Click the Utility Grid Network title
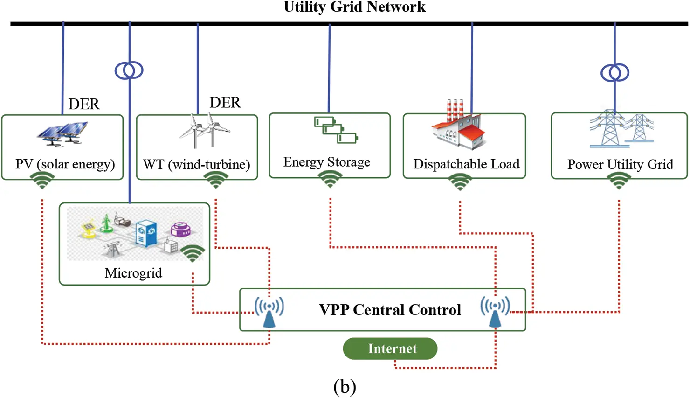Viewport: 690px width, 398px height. [x=354, y=7]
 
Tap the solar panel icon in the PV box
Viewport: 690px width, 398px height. [x=63, y=133]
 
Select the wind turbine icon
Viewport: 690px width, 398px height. [x=205, y=130]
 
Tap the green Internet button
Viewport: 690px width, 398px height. [x=390, y=349]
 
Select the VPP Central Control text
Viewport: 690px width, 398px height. [x=390, y=310]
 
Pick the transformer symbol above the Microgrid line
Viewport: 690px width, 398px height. [x=129, y=70]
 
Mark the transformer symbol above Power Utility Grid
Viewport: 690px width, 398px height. [x=614, y=73]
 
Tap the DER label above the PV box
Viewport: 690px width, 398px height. [x=84, y=104]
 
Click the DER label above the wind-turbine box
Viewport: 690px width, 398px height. [x=225, y=103]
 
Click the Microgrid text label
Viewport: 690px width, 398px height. [x=133, y=273]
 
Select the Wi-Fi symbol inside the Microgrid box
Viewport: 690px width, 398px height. [x=193, y=253]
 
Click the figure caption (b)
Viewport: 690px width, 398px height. [x=345, y=386]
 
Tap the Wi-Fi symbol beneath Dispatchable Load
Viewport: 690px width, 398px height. [x=460, y=182]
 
